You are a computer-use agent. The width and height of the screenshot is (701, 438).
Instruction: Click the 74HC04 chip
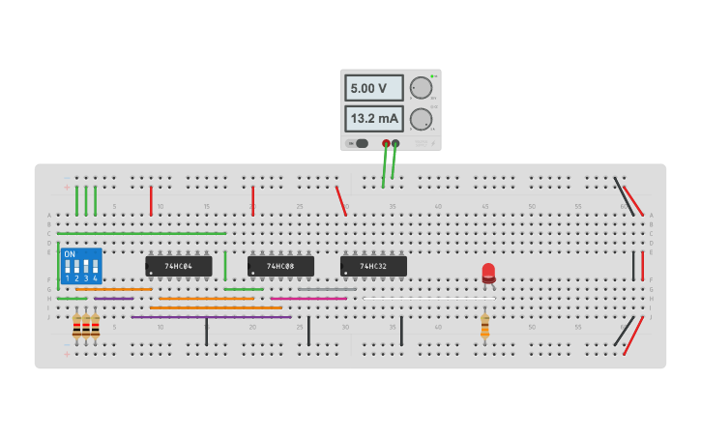[179, 266]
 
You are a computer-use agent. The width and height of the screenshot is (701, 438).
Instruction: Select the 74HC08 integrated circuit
[280, 266]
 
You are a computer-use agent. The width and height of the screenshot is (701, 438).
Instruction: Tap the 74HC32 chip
[373, 266]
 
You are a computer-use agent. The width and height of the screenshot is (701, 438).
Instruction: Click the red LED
[488, 274]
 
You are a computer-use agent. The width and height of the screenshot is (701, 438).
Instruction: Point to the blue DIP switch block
[81, 266]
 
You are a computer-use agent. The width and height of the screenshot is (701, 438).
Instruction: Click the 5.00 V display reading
[373, 88]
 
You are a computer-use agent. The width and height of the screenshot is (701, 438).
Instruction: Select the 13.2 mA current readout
[373, 119]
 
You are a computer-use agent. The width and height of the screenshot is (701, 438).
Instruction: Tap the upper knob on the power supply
[421, 88]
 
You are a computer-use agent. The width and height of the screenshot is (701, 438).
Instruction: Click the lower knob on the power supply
[421, 119]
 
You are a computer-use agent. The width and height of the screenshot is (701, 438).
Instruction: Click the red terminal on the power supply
[386, 143]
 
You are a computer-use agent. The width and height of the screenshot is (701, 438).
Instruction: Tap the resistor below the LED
[484, 327]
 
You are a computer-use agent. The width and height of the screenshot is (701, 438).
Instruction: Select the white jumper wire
[428, 298]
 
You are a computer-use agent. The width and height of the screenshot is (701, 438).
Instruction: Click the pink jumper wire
[309, 298]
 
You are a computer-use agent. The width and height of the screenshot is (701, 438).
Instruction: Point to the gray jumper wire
[327, 289]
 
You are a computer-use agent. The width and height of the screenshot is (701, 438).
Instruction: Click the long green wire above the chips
[141, 233]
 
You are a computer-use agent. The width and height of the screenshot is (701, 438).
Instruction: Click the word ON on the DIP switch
[70, 254]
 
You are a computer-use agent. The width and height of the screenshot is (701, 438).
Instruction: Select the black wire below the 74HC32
[401, 330]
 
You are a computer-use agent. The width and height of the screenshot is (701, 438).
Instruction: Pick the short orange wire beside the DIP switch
[114, 289]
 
